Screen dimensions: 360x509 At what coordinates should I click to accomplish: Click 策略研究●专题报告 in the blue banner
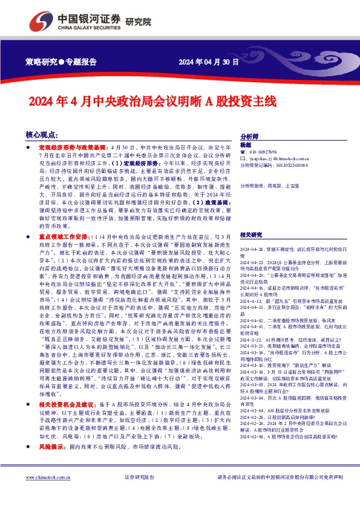pyautogui.click(x=61, y=62)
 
